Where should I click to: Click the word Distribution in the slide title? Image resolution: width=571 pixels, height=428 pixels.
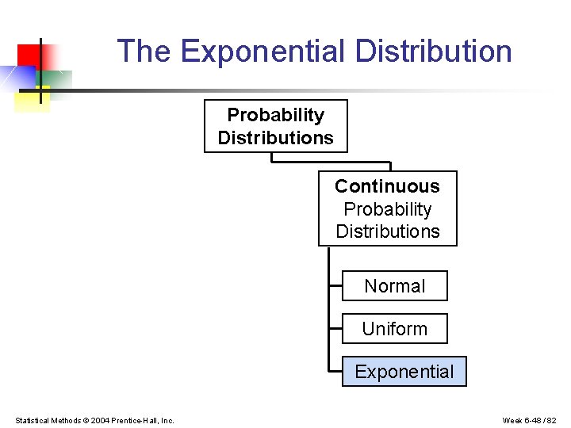(x=433, y=52)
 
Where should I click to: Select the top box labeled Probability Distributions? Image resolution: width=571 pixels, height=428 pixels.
(x=275, y=126)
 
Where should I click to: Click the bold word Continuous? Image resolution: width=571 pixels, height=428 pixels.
(x=387, y=186)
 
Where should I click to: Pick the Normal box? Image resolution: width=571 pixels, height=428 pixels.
(x=394, y=286)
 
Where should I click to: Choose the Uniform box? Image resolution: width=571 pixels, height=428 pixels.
(x=394, y=329)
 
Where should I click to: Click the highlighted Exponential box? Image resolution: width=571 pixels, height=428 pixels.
(x=404, y=372)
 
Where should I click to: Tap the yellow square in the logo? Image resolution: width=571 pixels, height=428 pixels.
(x=30, y=100)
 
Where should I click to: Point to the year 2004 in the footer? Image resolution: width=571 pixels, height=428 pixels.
(x=100, y=420)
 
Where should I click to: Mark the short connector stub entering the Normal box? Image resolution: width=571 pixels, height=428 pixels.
(x=335, y=286)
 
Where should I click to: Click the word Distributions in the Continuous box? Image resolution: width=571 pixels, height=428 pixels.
(x=387, y=231)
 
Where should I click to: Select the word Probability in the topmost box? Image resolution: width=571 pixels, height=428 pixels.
(x=275, y=115)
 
